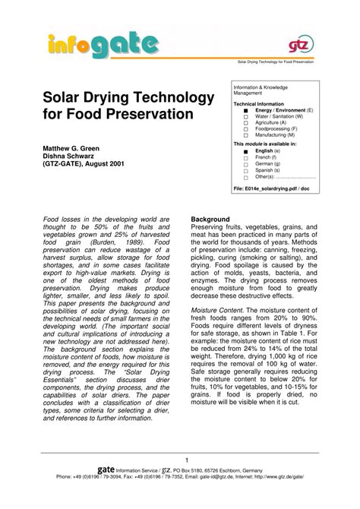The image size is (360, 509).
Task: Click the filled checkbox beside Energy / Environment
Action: tap(245, 110)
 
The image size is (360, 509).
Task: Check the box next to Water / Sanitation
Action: tap(245, 116)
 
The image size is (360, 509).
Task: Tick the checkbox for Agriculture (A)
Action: tap(245, 122)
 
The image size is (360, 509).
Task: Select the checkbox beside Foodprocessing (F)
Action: tap(245, 129)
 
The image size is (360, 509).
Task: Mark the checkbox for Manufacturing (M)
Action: tap(245, 135)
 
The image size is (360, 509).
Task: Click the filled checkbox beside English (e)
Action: tap(245, 152)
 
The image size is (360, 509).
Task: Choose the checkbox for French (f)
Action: tap(245, 158)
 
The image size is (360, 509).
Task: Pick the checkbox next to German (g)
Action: tap(245, 164)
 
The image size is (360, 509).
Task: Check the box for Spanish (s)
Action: tap(245, 170)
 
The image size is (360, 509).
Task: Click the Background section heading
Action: tap(210, 220)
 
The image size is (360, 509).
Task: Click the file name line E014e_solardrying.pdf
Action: tap(271, 187)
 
